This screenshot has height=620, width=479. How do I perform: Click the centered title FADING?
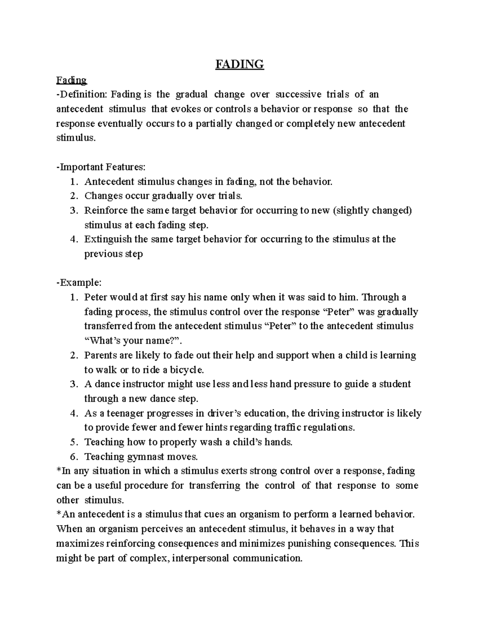point(239,64)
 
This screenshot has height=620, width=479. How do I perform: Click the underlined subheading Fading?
point(71,80)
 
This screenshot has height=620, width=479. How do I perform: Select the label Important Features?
point(103,167)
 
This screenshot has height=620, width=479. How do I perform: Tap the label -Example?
point(79,283)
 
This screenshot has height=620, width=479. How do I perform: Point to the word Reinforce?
point(106,210)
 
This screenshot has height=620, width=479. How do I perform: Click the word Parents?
point(101,355)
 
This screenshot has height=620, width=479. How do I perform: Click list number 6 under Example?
point(73,456)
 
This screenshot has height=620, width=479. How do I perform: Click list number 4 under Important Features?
point(73,240)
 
